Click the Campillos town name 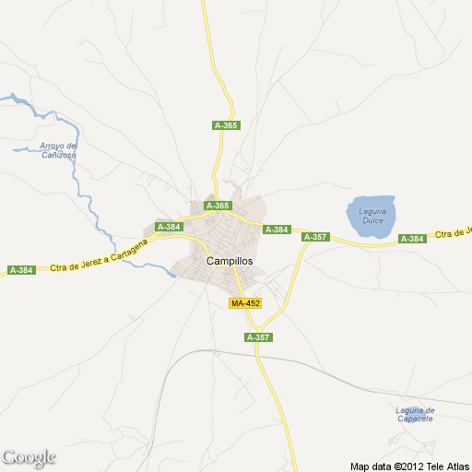click(x=230, y=261)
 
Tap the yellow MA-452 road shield click(x=245, y=303)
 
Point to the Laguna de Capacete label click(x=414, y=414)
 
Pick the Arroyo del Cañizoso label click(x=58, y=150)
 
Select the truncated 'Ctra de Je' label click(x=454, y=232)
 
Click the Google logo click(x=29, y=457)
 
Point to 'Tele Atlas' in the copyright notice click(x=447, y=466)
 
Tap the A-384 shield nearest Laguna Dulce click(x=412, y=239)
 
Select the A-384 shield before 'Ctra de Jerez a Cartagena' click(x=20, y=270)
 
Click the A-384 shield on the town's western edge click(x=169, y=227)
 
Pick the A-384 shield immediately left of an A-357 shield click(x=277, y=230)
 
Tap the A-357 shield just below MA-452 click(x=258, y=338)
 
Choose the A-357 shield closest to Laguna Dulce click(x=315, y=237)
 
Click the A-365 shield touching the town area click(x=218, y=206)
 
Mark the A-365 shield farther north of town click(x=226, y=125)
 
